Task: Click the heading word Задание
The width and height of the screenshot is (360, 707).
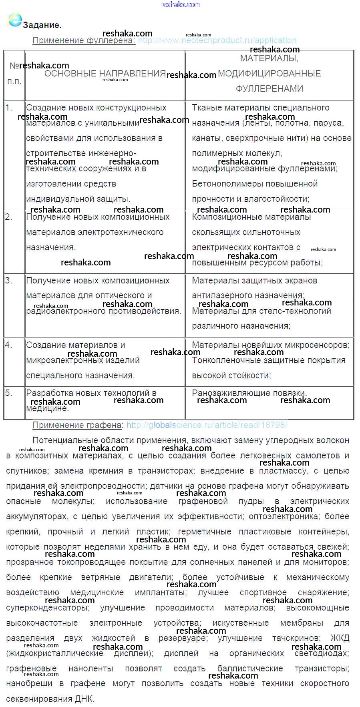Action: [x=42, y=25]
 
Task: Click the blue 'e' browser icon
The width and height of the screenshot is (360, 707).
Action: [x=14, y=20]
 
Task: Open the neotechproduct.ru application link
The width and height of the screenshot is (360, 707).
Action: [x=217, y=40]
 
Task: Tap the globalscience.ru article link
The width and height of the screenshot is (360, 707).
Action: [x=207, y=425]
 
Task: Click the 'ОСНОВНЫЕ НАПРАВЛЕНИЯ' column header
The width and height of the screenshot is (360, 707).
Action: [x=105, y=74]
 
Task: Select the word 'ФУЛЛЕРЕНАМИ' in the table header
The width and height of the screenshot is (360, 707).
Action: [x=269, y=89]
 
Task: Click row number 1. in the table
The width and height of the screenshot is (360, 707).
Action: [x=9, y=108]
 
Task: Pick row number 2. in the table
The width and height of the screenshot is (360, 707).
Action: [x=9, y=217]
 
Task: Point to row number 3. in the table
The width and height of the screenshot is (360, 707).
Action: [x=9, y=281]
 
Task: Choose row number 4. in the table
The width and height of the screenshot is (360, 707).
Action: [x=9, y=345]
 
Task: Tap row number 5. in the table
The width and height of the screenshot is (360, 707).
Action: [x=9, y=393]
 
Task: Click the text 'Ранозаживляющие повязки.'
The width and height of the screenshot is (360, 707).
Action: [x=249, y=393]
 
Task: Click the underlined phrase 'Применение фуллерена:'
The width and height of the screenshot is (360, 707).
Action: [x=84, y=40]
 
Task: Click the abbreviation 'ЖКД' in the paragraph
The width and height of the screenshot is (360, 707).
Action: [x=340, y=638]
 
